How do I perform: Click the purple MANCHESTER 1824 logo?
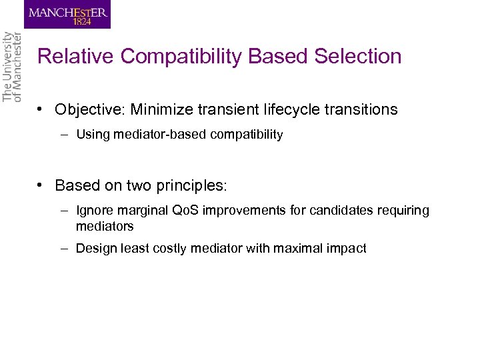coord(67,14)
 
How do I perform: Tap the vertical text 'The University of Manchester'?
coord(12,67)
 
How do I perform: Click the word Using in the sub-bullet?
coord(91,135)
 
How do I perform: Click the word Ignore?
coord(95,211)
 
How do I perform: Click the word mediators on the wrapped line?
coord(105,227)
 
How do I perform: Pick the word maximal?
coord(306,249)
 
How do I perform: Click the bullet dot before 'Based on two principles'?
coord(41,185)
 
